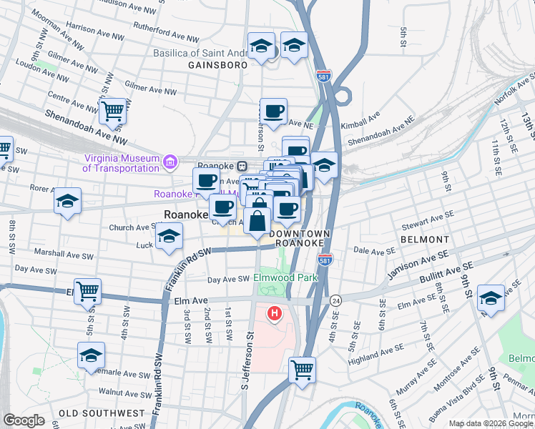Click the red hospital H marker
coord(275,313)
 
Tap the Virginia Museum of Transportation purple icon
coord(170,162)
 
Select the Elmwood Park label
coord(285,277)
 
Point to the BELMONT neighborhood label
coord(425,240)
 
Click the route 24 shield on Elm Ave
coord(335,302)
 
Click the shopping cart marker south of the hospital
coord(303,370)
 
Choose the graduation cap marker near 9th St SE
coord(491,297)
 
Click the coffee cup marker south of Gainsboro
coord(273,110)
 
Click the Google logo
coord(24,420)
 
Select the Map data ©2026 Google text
coord(490,423)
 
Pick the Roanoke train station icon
coord(242,166)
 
